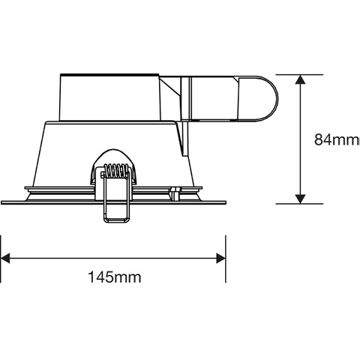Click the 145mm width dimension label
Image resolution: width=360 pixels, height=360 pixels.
click(115, 277)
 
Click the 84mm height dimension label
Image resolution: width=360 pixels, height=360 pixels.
click(337, 139)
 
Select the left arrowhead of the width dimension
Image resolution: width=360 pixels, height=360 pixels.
click(5, 258)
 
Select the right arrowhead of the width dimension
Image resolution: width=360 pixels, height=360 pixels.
click(221, 258)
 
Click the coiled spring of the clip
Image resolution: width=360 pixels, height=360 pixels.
click(115, 171)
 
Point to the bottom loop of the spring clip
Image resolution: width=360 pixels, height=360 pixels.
click(117, 219)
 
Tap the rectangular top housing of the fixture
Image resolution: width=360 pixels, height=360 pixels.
click(109, 97)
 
